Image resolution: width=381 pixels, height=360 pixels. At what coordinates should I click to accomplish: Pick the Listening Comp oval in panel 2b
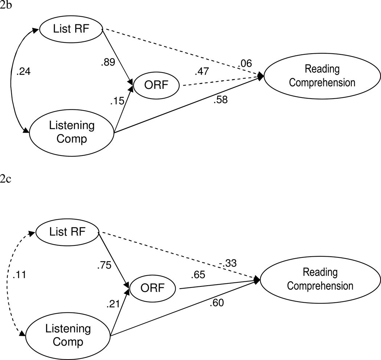click(72, 133)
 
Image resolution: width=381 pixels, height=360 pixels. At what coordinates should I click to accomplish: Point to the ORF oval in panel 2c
click(152, 289)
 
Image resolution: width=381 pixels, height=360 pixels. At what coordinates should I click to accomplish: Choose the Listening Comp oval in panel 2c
click(68, 335)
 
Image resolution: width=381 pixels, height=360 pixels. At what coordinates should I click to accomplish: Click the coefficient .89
click(108, 63)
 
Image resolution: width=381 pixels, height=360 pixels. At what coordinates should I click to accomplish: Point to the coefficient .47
click(202, 71)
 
